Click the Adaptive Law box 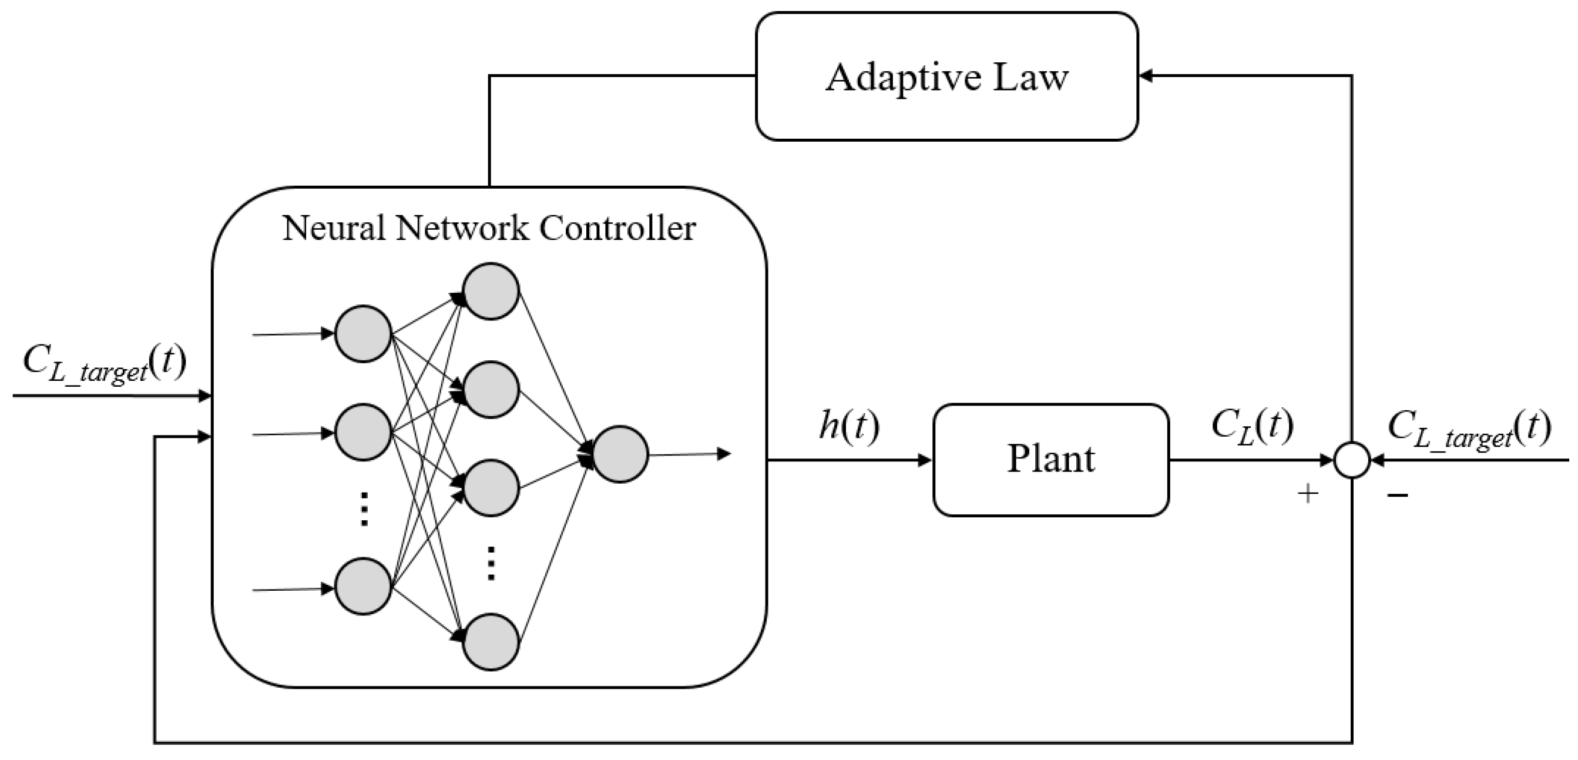click(947, 76)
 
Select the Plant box click(1051, 460)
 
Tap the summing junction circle click(1352, 460)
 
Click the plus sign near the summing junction click(1308, 493)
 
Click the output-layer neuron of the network click(620, 454)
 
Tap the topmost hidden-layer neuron click(491, 291)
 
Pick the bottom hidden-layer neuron click(491, 642)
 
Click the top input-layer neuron click(363, 333)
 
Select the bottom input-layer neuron click(363, 586)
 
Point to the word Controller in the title click(617, 228)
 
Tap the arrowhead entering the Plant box click(925, 460)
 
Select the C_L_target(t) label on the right click(1469, 430)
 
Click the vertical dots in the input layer click(363, 508)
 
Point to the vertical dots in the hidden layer click(491, 563)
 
